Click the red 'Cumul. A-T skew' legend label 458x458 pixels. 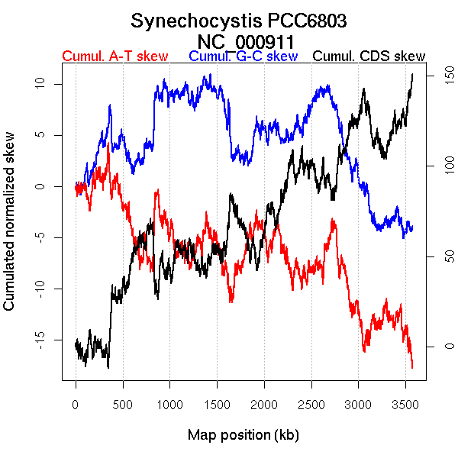[x=114, y=56]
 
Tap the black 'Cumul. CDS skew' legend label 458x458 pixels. [x=369, y=56]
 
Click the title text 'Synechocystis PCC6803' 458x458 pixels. [x=239, y=21]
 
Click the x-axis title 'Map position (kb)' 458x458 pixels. [x=243, y=435]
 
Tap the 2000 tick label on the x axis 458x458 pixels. [x=264, y=403]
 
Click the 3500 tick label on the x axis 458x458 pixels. [x=405, y=403]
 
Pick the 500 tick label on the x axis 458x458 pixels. [x=123, y=403]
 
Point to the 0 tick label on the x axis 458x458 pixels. [x=76, y=403]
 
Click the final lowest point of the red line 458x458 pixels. [x=412, y=368]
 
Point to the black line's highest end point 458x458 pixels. [x=413, y=74]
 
